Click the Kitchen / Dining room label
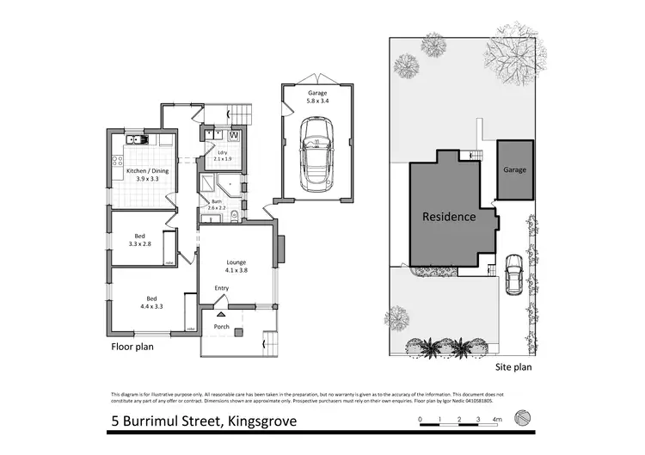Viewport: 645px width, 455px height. tap(143, 175)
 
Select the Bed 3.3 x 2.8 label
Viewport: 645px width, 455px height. tap(140, 240)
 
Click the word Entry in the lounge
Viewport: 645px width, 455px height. tap(222, 288)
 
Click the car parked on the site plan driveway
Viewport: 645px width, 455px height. tap(513, 274)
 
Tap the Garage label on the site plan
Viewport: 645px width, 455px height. tap(515, 170)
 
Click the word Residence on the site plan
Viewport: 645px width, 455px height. tap(448, 217)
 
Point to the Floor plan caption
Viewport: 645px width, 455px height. tap(133, 348)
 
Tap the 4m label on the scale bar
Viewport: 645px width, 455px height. tap(496, 419)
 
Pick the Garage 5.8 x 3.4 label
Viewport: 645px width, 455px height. tap(317, 96)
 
